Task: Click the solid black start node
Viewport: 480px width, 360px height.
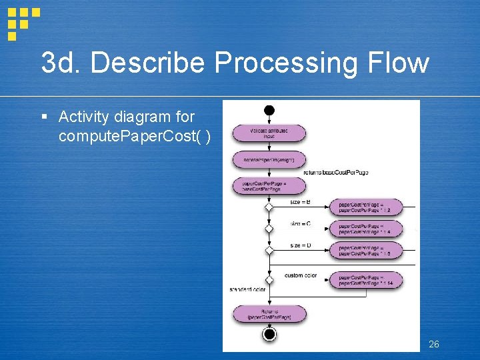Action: (x=269, y=110)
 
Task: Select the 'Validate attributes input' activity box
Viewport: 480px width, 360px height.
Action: (x=269, y=133)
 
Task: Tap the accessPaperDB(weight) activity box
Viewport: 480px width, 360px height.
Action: (x=269, y=160)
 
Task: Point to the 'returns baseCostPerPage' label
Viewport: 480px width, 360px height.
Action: (x=335, y=173)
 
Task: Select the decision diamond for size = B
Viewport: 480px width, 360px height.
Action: (x=269, y=207)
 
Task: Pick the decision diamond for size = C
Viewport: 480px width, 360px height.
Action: (x=269, y=229)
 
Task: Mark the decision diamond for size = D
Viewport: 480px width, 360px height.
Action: (x=269, y=251)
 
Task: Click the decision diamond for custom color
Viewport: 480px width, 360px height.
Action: (x=269, y=280)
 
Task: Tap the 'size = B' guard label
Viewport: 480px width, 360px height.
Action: (x=300, y=202)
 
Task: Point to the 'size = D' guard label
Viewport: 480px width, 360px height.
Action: (x=300, y=245)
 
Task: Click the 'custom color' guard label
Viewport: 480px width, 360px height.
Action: (x=301, y=275)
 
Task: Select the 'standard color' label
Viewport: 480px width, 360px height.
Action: (x=247, y=289)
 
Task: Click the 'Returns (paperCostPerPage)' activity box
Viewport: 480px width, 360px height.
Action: (x=269, y=314)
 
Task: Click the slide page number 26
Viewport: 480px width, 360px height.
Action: (x=433, y=344)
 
